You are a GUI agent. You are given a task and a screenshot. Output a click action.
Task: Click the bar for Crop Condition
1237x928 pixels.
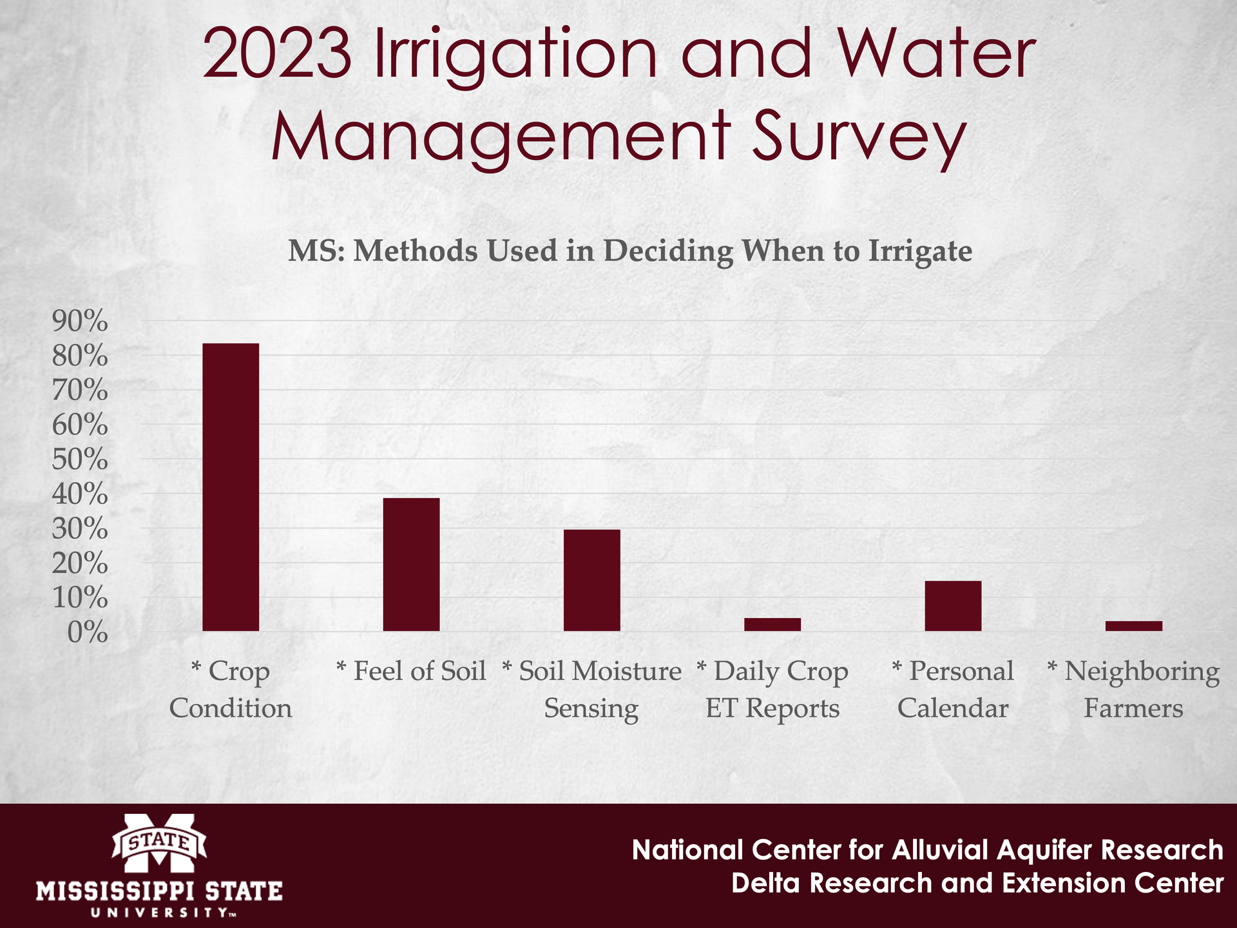(231, 487)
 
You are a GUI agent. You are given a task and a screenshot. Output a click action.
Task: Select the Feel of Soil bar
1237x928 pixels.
(411, 565)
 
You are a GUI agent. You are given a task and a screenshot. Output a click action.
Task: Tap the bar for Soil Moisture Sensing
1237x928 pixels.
(591, 580)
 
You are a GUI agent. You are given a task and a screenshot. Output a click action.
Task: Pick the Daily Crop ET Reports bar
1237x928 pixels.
(772, 624)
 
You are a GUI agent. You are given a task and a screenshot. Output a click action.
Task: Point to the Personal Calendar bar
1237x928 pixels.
(953, 606)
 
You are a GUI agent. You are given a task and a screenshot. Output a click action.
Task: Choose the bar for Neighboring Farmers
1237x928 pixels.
(1133, 626)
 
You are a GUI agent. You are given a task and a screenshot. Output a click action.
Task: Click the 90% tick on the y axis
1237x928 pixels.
(79, 321)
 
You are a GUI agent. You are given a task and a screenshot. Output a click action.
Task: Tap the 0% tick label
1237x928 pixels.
(87, 633)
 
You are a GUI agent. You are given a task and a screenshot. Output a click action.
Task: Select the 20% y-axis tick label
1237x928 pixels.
(79, 564)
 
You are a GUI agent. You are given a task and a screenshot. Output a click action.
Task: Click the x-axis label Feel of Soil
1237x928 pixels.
(411, 671)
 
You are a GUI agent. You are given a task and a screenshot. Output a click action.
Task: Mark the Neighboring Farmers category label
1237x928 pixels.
(1133, 690)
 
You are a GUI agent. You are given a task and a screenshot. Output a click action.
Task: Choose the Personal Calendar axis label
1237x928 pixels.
(953, 690)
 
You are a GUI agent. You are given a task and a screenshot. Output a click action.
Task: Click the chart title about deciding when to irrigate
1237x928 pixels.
(629, 251)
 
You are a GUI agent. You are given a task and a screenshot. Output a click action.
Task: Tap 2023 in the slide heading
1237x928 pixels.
(277, 55)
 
